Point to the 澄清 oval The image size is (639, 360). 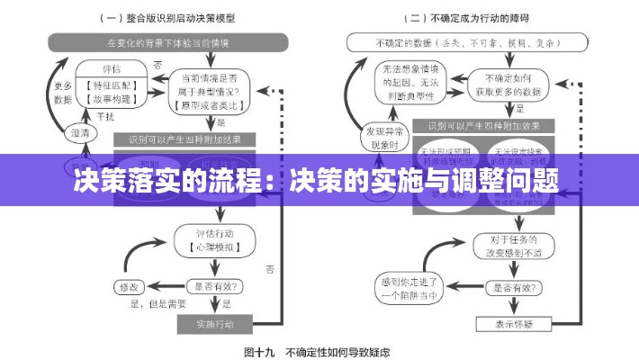coord(80,132)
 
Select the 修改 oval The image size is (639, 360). coord(129,287)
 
